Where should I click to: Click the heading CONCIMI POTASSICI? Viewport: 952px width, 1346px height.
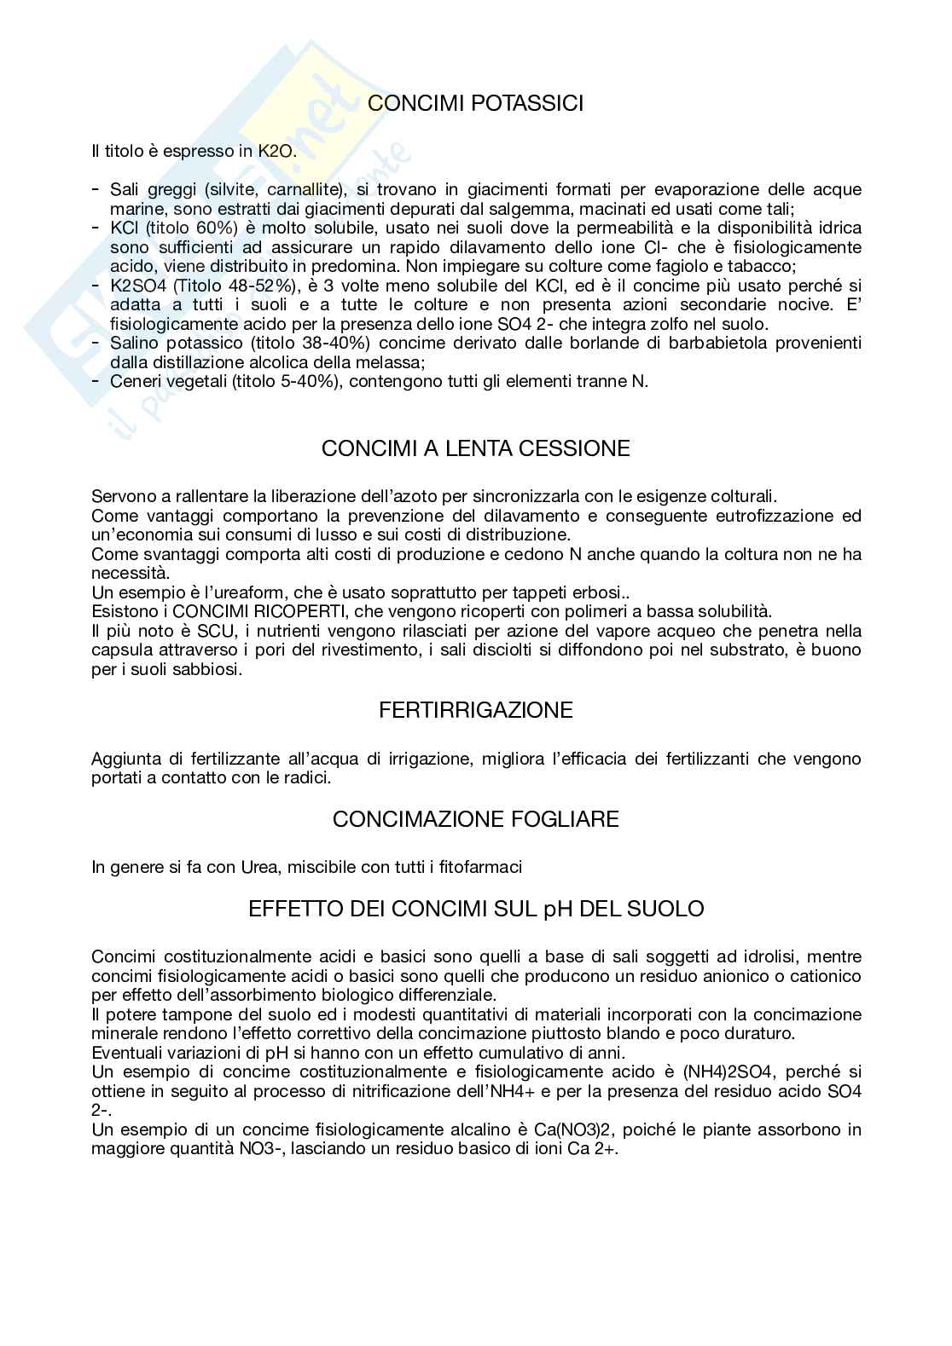click(476, 104)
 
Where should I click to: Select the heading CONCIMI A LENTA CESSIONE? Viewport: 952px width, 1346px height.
click(476, 448)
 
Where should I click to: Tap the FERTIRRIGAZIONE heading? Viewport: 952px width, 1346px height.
click(476, 710)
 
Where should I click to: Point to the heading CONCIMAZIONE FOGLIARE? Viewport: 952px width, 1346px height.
click(476, 819)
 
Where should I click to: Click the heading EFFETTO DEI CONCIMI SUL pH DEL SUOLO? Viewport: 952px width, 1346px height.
click(476, 909)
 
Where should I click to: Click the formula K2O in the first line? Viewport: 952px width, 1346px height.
click(276, 152)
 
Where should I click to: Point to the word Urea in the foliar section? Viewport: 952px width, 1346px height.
click(262, 867)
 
